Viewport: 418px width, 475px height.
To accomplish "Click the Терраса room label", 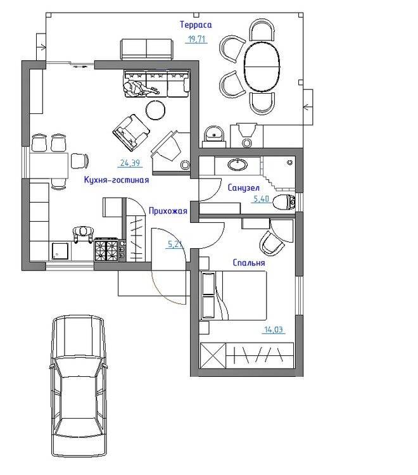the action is pos(196,25).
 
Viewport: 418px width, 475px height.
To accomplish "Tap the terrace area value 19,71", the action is pos(196,39).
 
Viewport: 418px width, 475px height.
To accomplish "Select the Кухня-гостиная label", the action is pos(117,180).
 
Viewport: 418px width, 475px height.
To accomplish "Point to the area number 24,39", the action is pos(130,163).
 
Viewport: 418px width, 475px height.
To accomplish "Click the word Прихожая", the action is pos(168,211).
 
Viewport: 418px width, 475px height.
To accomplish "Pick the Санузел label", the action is pos(244,188).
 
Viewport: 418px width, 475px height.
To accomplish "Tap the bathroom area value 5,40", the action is pos(261,199).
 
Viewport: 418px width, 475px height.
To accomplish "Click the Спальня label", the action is pos(249,263).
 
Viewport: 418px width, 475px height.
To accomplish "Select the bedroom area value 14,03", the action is pos(274,329).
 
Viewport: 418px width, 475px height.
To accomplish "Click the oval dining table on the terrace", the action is pos(262,66).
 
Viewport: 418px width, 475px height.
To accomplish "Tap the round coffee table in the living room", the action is pos(156,110).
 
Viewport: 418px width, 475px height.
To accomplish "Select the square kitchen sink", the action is pos(60,251).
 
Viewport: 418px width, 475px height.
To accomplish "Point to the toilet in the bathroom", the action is pos(284,202).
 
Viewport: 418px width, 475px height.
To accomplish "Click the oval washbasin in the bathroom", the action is pos(237,165).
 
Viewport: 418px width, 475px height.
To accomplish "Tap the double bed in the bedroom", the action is pos(233,295).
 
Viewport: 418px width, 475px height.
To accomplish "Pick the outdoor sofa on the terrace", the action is pos(147,49).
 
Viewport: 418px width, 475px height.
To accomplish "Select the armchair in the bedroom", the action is pos(272,243).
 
